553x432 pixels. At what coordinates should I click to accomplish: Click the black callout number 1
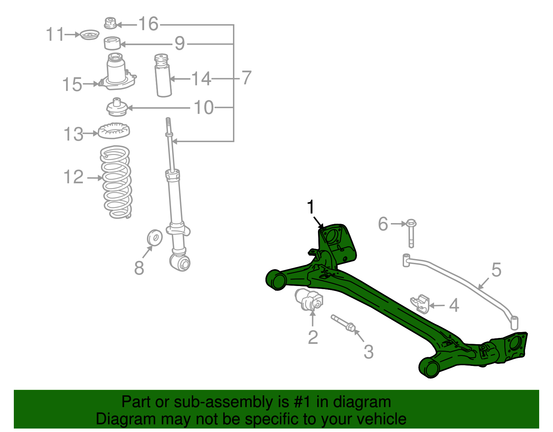tap(311, 207)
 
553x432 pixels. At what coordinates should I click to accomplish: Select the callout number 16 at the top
tap(148, 24)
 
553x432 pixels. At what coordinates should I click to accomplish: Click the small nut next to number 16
tap(110, 23)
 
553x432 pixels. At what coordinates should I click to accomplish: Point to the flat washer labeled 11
tap(90, 35)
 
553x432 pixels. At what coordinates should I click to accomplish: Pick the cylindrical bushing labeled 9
tap(112, 43)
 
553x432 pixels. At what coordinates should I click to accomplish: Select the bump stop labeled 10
tap(116, 108)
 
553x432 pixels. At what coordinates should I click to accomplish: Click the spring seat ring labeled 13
tap(114, 131)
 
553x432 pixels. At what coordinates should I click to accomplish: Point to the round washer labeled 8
tap(154, 238)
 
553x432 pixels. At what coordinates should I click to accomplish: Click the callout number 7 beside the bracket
tap(246, 78)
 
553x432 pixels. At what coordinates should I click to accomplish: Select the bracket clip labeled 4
tap(420, 303)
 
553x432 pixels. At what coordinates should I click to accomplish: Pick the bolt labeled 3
tap(343, 323)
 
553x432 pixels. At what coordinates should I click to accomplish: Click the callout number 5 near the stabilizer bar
tap(496, 269)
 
